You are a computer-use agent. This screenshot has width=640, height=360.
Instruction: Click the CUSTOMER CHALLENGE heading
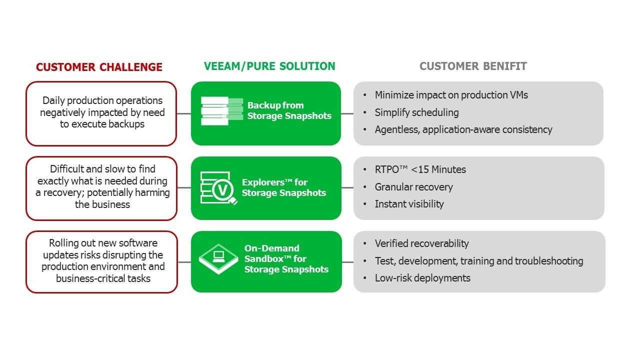pyautogui.click(x=99, y=67)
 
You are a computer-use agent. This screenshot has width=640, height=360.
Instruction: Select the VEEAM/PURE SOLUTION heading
pyautogui.click(x=269, y=66)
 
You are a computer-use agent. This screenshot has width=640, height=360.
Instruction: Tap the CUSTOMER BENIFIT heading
pyautogui.click(x=473, y=66)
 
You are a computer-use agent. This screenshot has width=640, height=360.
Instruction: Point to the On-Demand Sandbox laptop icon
pyautogui.click(x=218, y=258)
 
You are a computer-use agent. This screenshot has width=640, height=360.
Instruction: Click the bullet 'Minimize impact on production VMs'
pyautogui.click(x=451, y=95)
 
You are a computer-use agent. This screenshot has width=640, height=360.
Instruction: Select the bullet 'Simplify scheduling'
pyautogui.click(x=416, y=112)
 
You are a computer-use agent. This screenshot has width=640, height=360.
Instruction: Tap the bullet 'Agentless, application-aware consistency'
pyautogui.click(x=463, y=129)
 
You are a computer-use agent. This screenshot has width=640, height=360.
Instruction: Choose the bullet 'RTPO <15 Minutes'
pyautogui.click(x=420, y=169)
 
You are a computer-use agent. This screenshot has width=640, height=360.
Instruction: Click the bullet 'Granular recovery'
pyautogui.click(x=413, y=187)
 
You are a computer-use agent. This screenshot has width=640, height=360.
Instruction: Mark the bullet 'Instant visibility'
pyautogui.click(x=409, y=204)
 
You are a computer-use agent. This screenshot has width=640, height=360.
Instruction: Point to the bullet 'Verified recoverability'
pyautogui.click(x=421, y=243)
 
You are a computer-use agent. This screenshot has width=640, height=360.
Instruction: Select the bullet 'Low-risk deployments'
pyautogui.click(x=422, y=278)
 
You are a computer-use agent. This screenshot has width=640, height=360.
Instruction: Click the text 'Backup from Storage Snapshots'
pyautogui.click(x=289, y=110)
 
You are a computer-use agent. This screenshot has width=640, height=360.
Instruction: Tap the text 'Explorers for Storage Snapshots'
pyautogui.click(x=283, y=187)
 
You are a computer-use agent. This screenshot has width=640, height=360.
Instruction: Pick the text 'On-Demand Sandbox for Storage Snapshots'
pyautogui.click(x=286, y=258)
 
